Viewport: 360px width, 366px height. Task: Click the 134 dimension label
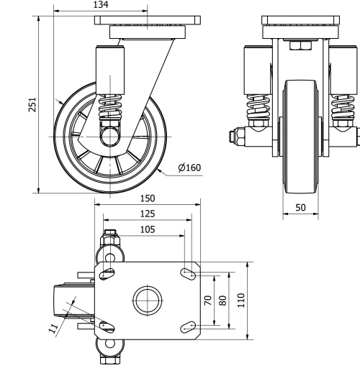(102, 6)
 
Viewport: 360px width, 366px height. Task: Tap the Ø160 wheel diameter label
(189, 168)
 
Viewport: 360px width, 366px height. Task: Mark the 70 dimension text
(209, 301)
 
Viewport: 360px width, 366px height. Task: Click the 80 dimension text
(223, 301)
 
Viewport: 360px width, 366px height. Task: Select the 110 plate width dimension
(242, 299)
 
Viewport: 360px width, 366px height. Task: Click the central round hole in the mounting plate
(148, 299)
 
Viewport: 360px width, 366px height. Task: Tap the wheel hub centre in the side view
(111, 134)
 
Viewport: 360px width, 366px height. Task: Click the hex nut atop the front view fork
(298, 47)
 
